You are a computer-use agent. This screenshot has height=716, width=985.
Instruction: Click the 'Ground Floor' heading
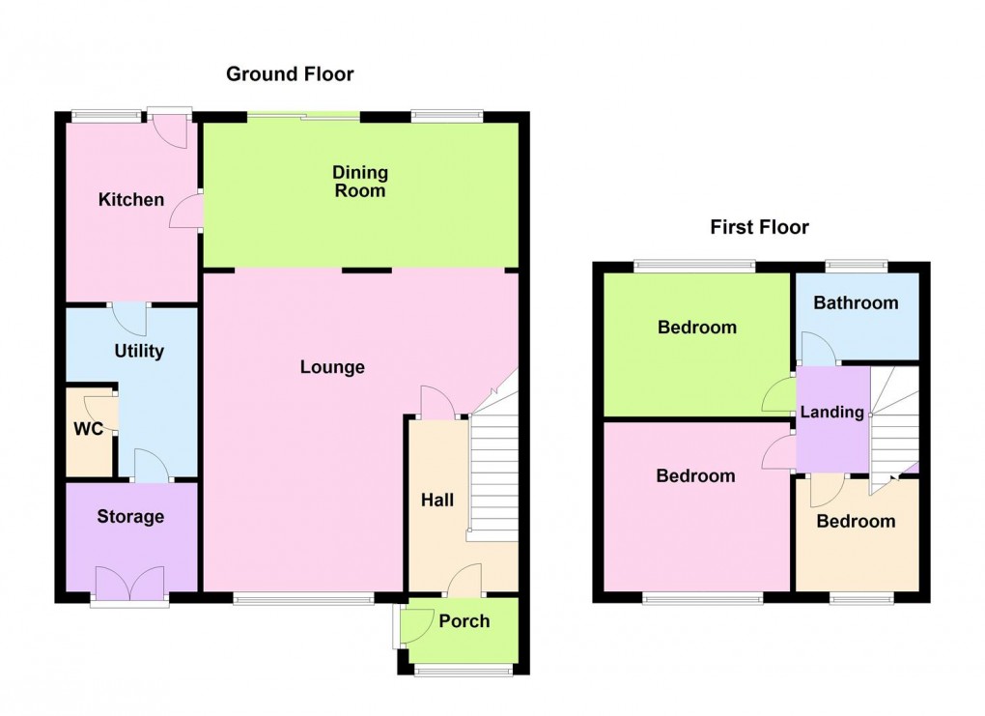[290, 73]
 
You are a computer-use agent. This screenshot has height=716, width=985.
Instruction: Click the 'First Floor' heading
[759, 227]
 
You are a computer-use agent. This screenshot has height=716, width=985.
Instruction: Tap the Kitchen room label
[131, 200]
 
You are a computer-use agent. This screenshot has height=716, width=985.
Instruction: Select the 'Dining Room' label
[360, 182]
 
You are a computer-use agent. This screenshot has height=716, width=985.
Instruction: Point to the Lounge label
[332, 367]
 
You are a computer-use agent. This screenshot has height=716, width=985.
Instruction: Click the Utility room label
[139, 351]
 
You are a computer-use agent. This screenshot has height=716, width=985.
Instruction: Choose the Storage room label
[130, 517]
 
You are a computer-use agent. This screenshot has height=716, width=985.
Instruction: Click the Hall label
[437, 500]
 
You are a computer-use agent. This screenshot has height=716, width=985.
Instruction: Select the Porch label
[464, 620]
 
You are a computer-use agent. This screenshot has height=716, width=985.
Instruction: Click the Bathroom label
[856, 302]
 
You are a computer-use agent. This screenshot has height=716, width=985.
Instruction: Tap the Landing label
[832, 412]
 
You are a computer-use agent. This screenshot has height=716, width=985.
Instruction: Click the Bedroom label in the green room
[696, 328]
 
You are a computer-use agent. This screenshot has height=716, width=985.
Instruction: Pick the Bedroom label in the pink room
[695, 475]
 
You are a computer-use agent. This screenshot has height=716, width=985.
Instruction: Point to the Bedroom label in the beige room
[856, 522]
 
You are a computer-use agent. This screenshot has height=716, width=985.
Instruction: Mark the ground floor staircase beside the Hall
[493, 473]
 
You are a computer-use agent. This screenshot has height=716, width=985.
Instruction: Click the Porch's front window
[464, 670]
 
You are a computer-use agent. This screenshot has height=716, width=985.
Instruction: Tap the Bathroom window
[856, 263]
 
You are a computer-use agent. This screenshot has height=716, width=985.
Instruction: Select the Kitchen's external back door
[168, 126]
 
